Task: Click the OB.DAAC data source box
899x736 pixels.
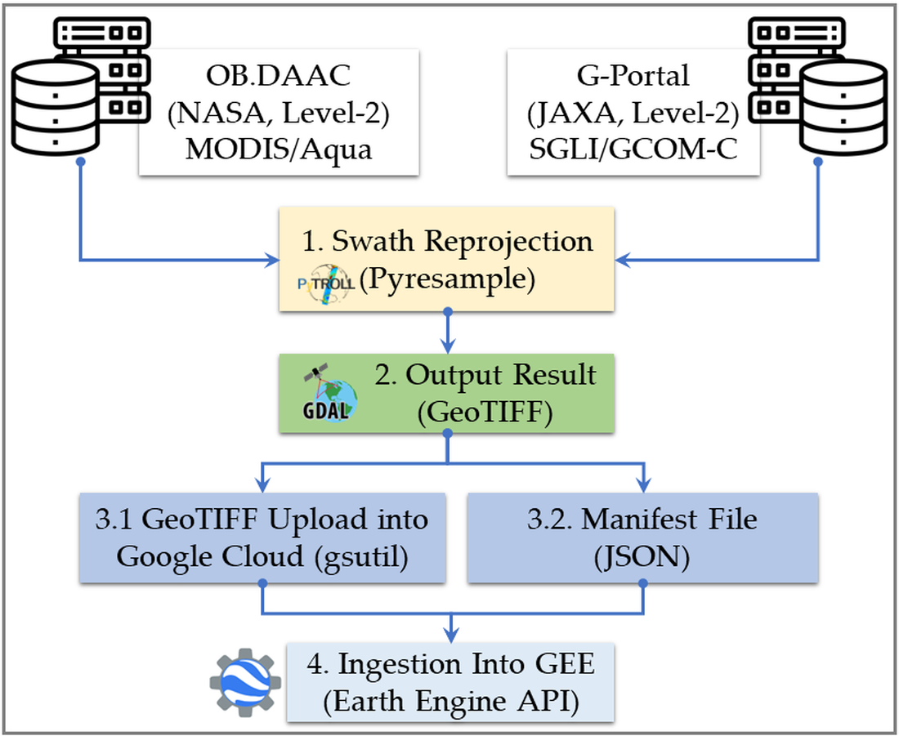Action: click(x=279, y=113)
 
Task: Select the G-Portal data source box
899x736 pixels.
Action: click(x=633, y=113)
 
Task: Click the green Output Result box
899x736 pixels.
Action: click(x=446, y=393)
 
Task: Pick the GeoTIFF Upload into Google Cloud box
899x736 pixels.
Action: click(x=262, y=538)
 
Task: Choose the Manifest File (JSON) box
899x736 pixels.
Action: click(x=642, y=538)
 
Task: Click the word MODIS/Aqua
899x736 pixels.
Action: click(x=279, y=150)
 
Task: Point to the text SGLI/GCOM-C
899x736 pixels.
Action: click(x=633, y=150)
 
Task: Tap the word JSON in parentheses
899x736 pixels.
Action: click(x=642, y=556)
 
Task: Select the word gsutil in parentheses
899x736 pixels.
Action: click(x=376, y=556)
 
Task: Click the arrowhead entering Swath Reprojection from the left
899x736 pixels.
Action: click(x=271, y=261)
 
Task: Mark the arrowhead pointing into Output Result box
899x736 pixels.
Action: click(x=447, y=346)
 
